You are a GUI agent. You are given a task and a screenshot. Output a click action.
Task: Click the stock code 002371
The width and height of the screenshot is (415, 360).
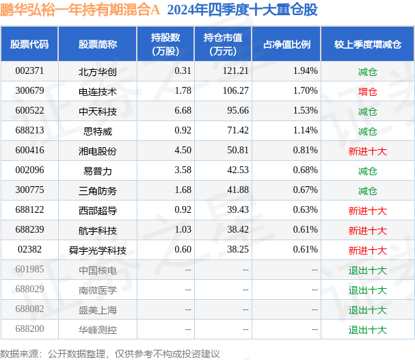tap(29, 71)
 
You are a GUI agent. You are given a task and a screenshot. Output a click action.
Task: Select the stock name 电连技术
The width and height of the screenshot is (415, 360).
tap(98, 92)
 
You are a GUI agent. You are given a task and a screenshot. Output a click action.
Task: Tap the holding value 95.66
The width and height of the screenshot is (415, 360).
tap(238, 110)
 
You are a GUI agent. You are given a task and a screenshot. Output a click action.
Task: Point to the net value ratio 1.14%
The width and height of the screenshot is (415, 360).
tap(305, 130)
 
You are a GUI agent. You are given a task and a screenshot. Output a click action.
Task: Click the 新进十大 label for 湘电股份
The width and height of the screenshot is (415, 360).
tap(368, 151)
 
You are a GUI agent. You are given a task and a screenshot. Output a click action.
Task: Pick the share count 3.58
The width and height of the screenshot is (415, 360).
tap(183, 170)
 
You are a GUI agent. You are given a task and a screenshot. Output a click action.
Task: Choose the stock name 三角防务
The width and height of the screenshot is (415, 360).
tap(98, 191)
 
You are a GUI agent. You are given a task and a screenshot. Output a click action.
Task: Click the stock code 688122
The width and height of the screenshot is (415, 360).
tap(29, 210)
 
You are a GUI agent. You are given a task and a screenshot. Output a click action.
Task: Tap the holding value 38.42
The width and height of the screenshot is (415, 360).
tap(238, 230)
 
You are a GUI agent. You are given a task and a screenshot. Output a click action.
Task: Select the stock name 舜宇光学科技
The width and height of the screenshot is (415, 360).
tap(98, 250)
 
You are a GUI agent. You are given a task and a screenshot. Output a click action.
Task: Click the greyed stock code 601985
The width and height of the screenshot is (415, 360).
tap(29, 270)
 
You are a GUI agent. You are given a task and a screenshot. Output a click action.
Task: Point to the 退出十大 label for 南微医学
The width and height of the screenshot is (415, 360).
tap(368, 290)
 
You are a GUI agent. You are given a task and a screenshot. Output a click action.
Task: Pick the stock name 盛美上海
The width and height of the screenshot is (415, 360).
tap(98, 310)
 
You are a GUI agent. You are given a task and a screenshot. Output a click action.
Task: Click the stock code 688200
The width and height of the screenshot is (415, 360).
tap(29, 329)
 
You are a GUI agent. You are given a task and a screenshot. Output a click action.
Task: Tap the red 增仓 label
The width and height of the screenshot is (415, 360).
tap(368, 92)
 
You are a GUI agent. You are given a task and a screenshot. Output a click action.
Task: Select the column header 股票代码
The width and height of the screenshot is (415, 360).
tap(29, 44)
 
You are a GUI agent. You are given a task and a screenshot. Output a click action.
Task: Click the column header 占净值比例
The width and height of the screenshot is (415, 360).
tap(286, 44)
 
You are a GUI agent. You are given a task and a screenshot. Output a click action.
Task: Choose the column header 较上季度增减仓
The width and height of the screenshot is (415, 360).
tap(368, 44)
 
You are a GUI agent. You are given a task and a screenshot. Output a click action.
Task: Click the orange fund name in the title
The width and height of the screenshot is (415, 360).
tap(80, 10)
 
